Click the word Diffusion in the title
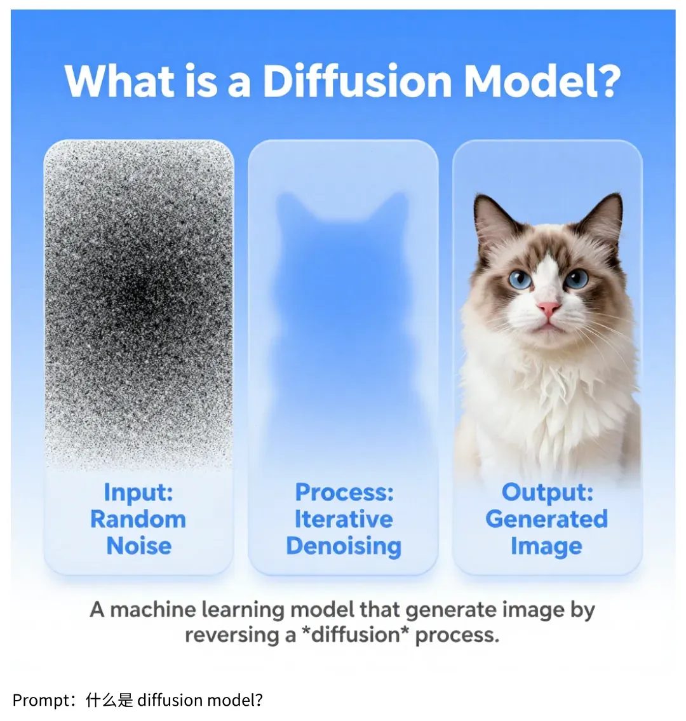point(357,81)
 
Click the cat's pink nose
point(548,309)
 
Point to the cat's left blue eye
point(520,279)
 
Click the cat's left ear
point(492,219)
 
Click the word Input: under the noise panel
point(138,492)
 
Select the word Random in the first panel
point(138,519)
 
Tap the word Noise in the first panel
point(139,546)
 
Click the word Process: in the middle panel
point(344,492)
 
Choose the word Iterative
point(344,519)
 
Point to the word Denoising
point(344,546)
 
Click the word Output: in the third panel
point(548,492)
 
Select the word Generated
point(547,519)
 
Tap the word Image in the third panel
point(546,546)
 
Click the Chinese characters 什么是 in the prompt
point(109,700)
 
